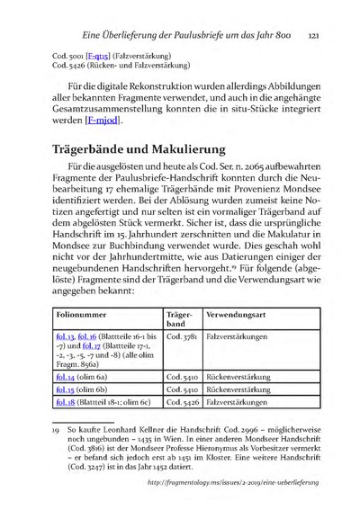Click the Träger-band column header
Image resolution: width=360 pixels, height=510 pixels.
(182, 323)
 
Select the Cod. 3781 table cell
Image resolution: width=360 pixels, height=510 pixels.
(183, 340)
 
